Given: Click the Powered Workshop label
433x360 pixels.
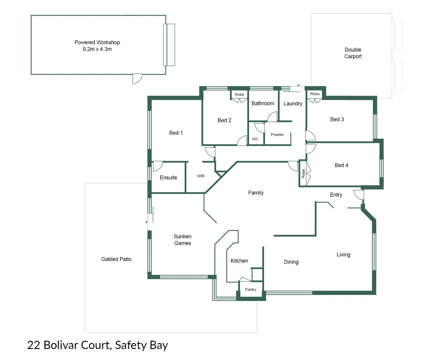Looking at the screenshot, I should tap(97, 42).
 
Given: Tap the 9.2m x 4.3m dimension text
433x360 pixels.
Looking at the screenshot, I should tap(97, 49).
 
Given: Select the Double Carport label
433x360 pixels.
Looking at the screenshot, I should tap(353, 53).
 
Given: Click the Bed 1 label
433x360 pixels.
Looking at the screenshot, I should tap(176, 133).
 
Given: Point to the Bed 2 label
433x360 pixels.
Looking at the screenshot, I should tap(224, 120).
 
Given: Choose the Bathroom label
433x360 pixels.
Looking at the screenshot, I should tap(263, 103).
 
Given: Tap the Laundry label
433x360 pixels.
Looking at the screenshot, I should tap(293, 104).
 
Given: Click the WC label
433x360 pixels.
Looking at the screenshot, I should tap(255, 139).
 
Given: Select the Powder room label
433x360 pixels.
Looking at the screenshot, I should tap(277, 135).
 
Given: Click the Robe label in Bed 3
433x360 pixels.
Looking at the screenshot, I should tap(315, 94).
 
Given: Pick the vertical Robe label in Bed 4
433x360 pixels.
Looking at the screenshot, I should tap(303, 173).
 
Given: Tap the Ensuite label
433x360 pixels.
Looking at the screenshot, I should tap(168, 178).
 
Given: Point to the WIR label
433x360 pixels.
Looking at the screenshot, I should tap(201, 176).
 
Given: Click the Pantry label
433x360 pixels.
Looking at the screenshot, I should tap(250, 290).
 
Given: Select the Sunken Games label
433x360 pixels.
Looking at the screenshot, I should tap(182, 240).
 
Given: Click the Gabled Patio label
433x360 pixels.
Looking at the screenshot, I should tap(116, 259).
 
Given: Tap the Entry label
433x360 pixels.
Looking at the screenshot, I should tap(336, 195).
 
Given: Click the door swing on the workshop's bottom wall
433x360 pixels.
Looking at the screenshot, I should tap(137, 79).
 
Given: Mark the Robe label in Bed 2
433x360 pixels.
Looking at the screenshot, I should tap(239, 95).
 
